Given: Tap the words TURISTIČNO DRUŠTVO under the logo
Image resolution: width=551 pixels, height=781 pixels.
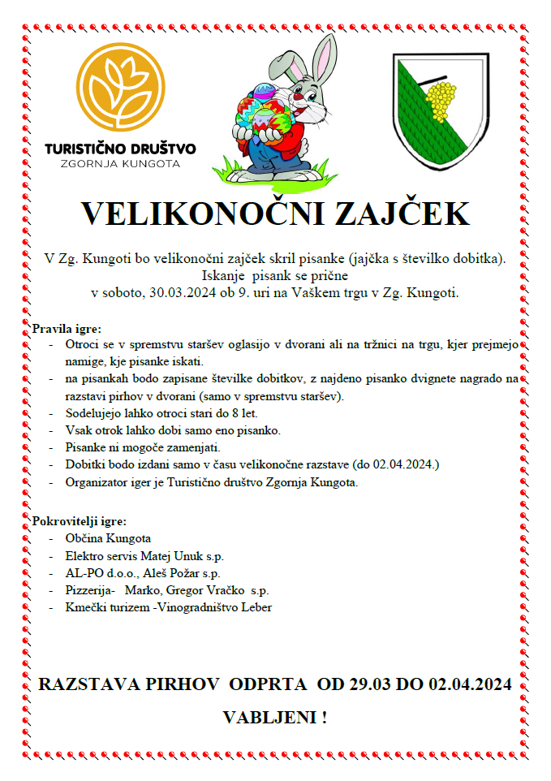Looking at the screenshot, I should pos(120,149).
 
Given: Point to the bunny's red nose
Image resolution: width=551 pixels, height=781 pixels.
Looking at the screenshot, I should pos(299,97).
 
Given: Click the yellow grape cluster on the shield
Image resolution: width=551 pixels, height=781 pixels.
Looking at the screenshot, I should pos(440,101).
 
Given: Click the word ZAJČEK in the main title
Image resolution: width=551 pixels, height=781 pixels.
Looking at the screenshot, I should pos(400,214).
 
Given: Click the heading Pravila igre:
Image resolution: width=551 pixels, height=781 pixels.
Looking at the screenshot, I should pos(67,329).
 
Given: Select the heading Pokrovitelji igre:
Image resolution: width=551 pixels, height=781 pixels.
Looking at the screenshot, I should pos(79,520).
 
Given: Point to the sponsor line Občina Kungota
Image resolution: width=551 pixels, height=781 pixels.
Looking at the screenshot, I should pos(108,538).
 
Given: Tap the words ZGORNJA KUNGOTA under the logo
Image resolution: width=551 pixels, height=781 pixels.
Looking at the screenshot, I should pos(120,163).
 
